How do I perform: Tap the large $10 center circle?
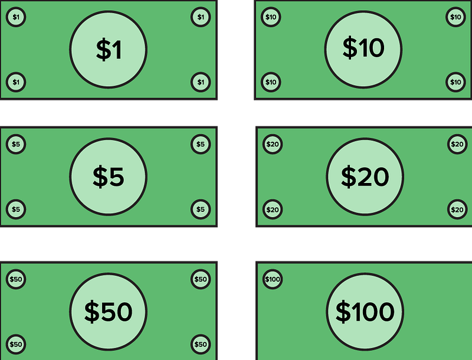[363, 48]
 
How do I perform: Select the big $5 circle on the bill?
[109, 176]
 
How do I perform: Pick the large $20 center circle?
[365, 176]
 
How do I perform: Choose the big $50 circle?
[109, 312]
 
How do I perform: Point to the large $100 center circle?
[365, 312]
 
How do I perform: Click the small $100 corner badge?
[272, 279]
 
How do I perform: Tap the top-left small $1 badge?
[16, 17]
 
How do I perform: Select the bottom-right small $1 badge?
[201, 81]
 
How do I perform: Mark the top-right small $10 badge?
[455, 17]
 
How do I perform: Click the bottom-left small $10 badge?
[271, 81]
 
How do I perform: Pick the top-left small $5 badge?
[16, 144]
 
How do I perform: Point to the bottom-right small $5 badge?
[201, 209]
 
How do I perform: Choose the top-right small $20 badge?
[457, 144]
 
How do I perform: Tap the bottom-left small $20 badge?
[272, 209]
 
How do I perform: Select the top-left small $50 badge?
[16, 279]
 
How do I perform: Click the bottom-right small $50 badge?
[201, 344]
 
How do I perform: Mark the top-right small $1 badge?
[201, 17]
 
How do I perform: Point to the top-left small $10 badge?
[271, 17]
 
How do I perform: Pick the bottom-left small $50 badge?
[16, 344]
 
